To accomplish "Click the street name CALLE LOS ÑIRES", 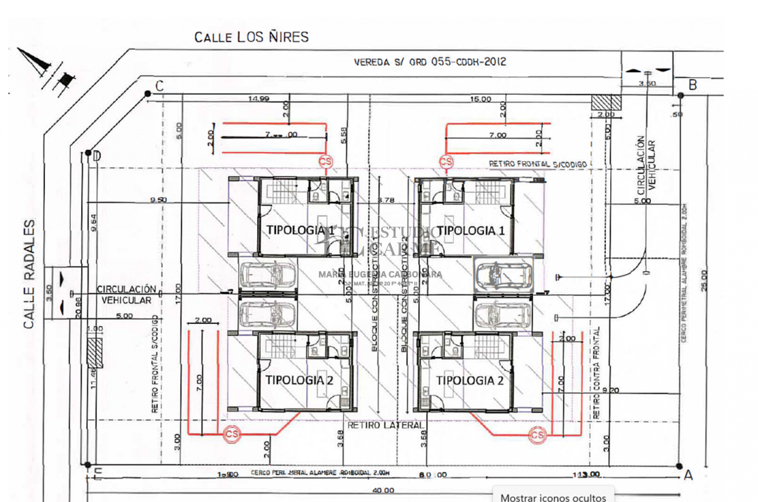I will tap(251, 37).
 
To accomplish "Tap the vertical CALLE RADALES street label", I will tap(29, 274).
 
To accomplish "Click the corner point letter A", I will tap(688, 475).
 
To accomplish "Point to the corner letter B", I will tap(693, 85).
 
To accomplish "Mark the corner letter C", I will tap(159, 86).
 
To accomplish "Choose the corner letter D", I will tap(97, 156).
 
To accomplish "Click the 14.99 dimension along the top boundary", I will tap(259, 99).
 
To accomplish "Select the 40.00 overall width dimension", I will tap(383, 490).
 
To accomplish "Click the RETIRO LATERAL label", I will tap(385, 425).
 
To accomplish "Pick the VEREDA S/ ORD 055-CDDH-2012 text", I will tap(430, 62).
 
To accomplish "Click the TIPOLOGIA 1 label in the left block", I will tap(300, 230).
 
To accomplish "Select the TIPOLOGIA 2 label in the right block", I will tap(470, 380).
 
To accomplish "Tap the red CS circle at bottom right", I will tap(537, 435).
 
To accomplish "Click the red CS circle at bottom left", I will tap(232, 434).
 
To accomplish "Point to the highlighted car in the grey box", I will tap(503, 274).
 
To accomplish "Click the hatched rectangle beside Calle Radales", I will tap(94, 352).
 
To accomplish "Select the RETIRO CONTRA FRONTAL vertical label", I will tap(596, 373).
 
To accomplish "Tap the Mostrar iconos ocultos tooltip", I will tap(553, 497).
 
